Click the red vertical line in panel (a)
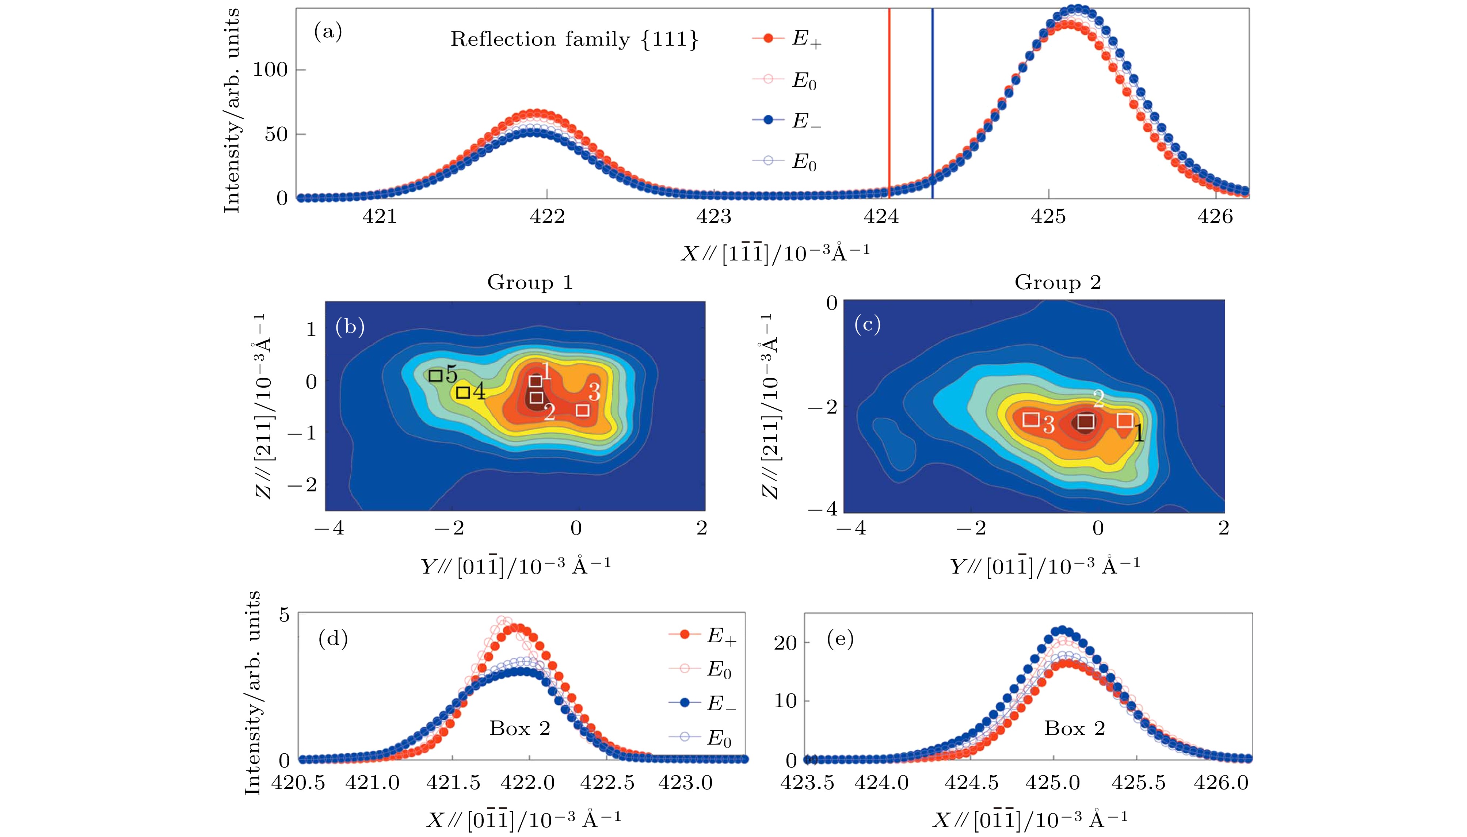[x=889, y=103]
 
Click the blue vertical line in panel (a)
[x=932, y=103]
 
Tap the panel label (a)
[x=328, y=32]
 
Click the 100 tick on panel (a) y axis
[x=270, y=70]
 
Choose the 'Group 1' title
[x=530, y=282]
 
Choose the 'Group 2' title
[x=1057, y=282]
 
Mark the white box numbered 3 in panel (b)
[x=582, y=410]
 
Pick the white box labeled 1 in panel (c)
[x=1124, y=420]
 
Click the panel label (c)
[x=867, y=325]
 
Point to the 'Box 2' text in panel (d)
[x=519, y=729]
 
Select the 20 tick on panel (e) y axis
[x=785, y=643]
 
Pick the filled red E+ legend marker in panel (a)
[x=768, y=38]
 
